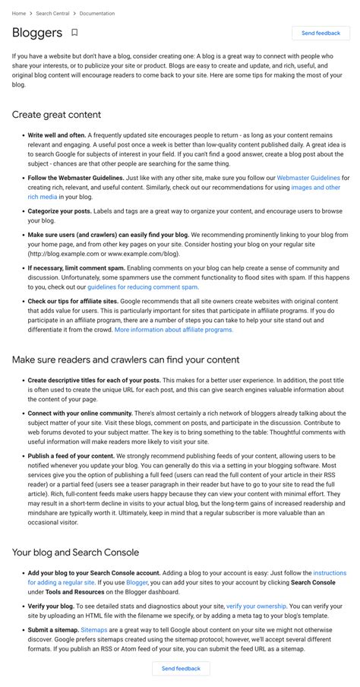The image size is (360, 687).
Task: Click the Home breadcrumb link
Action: (18, 14)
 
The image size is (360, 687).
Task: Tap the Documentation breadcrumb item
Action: (97, 14)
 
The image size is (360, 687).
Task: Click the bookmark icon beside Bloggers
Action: (74, 33)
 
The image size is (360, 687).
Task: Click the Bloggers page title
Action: (37, 33)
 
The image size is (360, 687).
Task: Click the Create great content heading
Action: (56, 115)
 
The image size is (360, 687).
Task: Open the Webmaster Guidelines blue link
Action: (308, 177)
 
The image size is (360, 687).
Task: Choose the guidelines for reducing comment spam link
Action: (143, 287)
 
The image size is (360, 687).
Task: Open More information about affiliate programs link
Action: (174, 330)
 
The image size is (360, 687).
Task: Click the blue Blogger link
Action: (137, 582)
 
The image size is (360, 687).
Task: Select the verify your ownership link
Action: (256, 606)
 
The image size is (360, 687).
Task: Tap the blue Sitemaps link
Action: (94, 630)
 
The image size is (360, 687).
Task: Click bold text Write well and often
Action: (56, 135)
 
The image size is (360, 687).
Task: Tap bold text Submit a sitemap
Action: (52, 630)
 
